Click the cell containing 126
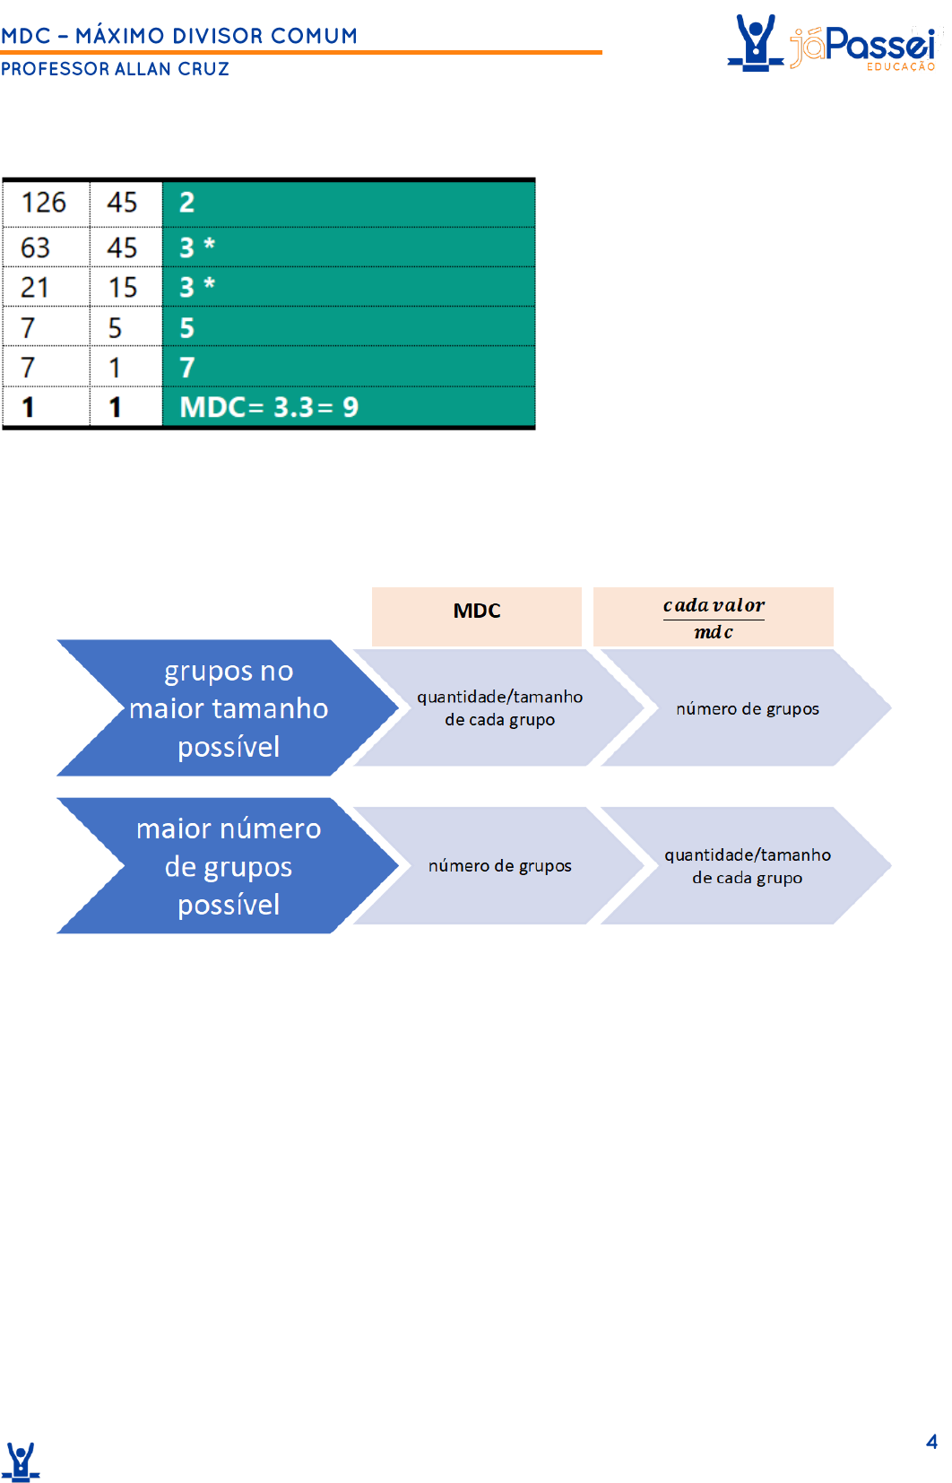(x=47, y=204)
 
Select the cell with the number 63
(x=47, y=247)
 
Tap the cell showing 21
(x=47, y=287)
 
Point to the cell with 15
(x=125, y=287)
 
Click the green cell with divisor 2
(x=348, y=204)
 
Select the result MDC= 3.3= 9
(x=269, y=407)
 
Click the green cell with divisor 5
(x=348, y=326)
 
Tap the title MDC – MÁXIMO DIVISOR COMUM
(x=178, y=35)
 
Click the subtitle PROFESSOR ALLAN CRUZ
(x=115, y=69)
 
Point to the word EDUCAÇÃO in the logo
(x=901, y=66)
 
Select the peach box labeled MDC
(x=477, y=616)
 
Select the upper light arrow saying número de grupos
(x=747, y=707)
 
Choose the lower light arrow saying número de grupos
(x=499, y=865)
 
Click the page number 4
(x=931, y=1441)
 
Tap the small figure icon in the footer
(x=22, y=1461)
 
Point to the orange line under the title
(x=301, y=52)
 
